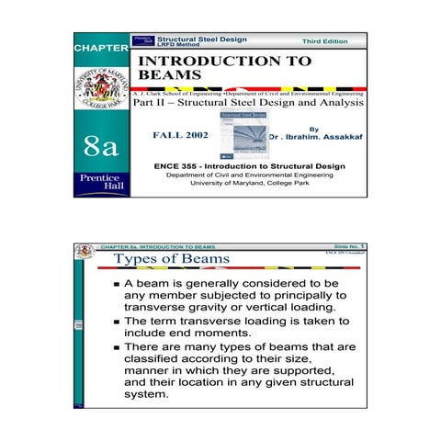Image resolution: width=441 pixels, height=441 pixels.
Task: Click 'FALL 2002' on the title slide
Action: click(x=179, y=136)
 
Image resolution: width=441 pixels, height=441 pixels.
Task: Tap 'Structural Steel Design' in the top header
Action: click(x=202, y=39)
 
